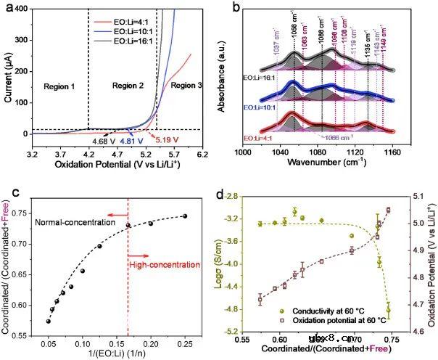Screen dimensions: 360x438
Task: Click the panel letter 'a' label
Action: coord(7,8)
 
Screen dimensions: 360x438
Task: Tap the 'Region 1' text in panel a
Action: coord(59,85)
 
